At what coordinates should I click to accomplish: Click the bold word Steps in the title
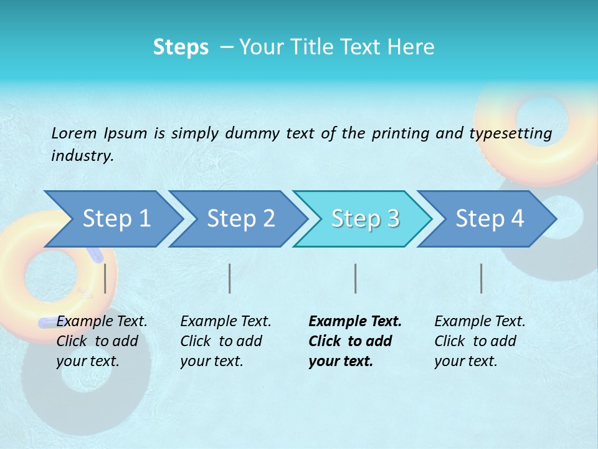pos(181,47)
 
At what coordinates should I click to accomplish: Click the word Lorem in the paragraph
pos(74,133)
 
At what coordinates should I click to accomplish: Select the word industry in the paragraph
pos(82,156)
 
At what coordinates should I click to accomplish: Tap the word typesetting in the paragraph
pos(510,133)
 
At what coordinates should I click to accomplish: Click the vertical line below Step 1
pos(105,278)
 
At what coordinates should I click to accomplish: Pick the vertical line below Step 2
pos(230,278)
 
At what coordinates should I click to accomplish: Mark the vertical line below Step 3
pos(356,278)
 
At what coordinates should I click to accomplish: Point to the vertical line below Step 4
pos(482,278)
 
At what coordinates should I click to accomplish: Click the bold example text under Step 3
pos(354,341)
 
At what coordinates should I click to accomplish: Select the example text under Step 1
pos(101,341)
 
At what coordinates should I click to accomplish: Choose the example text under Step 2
pos(225,341)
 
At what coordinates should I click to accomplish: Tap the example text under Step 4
pos(479,341)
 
